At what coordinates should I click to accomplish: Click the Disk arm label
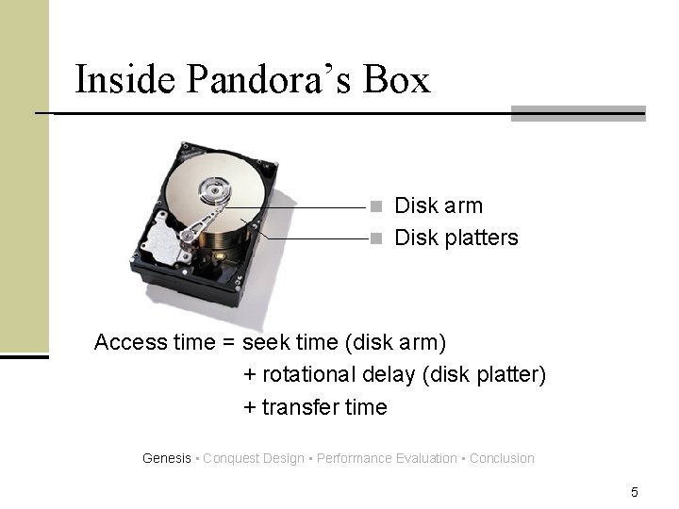coord(438,205)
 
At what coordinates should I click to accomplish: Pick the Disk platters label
coord(455,238)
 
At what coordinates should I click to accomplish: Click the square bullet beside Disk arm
coord(375,206)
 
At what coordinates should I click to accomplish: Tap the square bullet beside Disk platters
coord(375,238)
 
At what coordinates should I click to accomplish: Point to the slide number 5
coord(635,491)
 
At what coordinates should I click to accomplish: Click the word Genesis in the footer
coord(166,458)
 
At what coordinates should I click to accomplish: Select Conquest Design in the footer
coord(253,458)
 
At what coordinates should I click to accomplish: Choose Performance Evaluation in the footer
coord(387,458)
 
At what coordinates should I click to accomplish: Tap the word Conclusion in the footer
coord(502,458)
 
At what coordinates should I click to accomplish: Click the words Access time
coord(155,342)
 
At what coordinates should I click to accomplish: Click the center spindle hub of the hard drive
coord(214,194)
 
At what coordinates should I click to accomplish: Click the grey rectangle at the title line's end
coord(577,113)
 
